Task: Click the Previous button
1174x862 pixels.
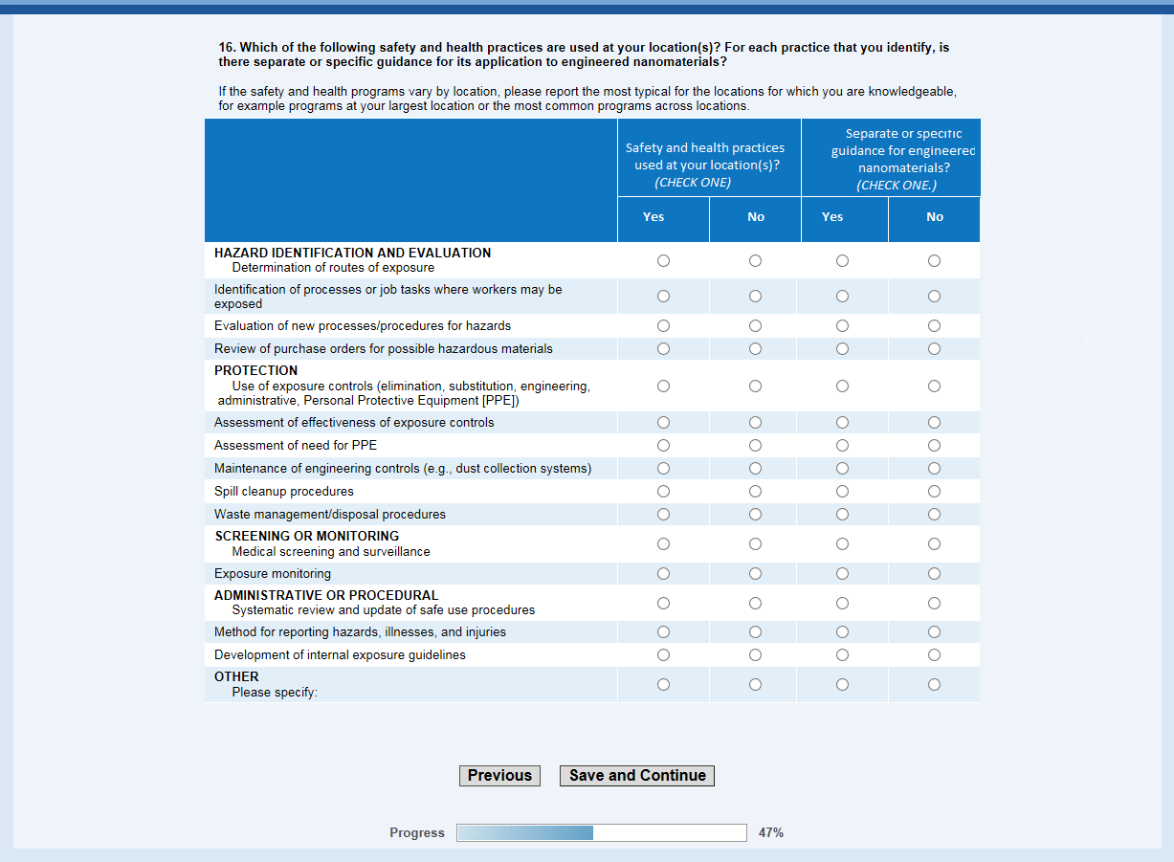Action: coord(499,776)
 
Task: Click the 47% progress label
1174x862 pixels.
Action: coord(770,833)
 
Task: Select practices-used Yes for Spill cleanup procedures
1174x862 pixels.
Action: coord(663,492)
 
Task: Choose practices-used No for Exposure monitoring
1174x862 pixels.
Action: coord(755,574)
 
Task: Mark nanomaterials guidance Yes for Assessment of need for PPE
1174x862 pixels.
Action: coord(842,446)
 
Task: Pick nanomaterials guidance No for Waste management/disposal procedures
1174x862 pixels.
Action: coord(934,515)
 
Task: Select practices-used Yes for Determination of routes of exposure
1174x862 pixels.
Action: coord(663,261)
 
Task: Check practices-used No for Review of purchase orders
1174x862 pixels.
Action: coord(755,349)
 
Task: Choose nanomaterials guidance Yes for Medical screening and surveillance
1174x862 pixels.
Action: coord(842,544)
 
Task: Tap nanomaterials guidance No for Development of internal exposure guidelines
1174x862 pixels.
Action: coord(934,655)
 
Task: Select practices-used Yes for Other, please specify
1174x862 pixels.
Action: coord(663,685)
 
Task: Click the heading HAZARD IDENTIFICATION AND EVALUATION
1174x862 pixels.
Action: coord(352,254)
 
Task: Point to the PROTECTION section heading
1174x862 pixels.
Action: coord(255,371)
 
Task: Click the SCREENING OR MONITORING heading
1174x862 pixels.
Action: coord(306,537)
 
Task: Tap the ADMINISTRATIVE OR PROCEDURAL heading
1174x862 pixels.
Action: coord(326,596)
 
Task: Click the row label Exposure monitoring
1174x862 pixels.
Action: coord(273,574)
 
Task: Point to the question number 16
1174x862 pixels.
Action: coord(227,47)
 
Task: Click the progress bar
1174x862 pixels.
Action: coord(601,833)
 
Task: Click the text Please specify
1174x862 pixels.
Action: coord(275,693)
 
